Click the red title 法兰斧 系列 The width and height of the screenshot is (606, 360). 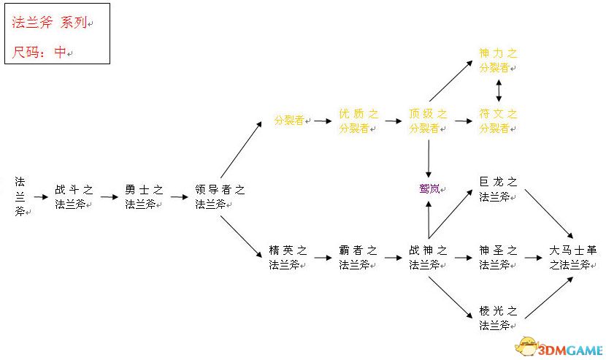click(49, 23)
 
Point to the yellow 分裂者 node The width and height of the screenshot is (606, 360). click(290, 120)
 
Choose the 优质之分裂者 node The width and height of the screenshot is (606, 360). click(358, 120)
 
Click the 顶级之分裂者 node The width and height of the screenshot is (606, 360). click(428, 120)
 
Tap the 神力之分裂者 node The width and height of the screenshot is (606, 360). click(498, 60)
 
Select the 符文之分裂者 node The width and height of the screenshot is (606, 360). click(498, 120)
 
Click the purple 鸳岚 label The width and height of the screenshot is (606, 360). click(429, 189)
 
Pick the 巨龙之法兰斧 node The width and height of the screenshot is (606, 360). click(498, 189)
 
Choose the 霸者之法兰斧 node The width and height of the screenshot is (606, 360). click(358, 258)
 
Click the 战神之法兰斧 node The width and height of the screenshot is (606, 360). click(428, 258)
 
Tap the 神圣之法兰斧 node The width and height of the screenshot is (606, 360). click(498, 258)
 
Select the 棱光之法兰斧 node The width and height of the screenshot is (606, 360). click(498, 318)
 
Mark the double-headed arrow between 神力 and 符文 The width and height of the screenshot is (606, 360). click(499, 90)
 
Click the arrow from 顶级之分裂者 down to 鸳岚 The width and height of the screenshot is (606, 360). click(429, 155)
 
